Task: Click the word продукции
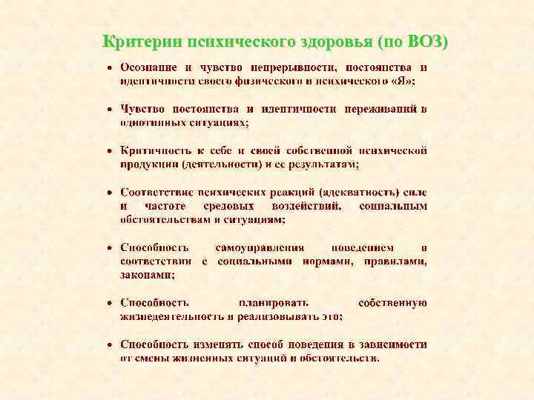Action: coord(150,164)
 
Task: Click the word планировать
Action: coord(274,302)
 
